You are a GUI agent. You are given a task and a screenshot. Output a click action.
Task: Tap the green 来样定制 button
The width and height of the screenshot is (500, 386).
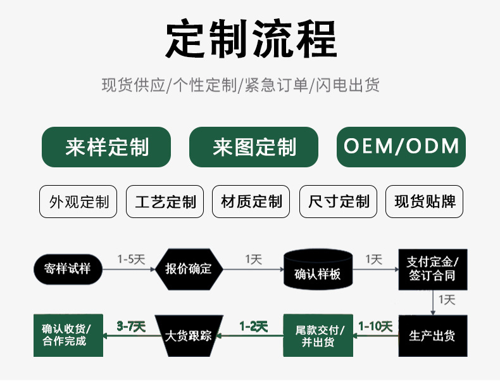point(106,147)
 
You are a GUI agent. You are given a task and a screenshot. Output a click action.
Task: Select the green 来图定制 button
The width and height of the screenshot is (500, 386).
point(254,147)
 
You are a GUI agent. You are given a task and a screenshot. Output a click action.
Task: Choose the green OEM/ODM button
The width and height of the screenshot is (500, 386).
point(401,147)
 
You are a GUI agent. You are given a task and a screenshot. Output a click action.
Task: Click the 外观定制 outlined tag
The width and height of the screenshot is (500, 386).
point(78,202)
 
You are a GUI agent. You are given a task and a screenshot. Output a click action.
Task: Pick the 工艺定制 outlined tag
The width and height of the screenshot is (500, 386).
point(165,202)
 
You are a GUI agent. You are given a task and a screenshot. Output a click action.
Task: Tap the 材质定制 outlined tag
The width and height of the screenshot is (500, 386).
point(251,202)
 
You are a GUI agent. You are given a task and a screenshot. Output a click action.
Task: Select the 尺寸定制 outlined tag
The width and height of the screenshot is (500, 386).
point(338,202)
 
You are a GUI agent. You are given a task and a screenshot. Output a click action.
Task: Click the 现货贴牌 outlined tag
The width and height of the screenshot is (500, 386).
point(425,202)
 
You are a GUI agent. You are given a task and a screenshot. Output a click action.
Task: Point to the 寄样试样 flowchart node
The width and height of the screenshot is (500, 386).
point(68,269)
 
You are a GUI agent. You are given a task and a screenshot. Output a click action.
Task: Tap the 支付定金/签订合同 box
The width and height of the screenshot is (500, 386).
point(432,269)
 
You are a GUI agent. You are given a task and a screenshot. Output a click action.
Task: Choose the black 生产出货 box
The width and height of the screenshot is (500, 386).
point(432,335)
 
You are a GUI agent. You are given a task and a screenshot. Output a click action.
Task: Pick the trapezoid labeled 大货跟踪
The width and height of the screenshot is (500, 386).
point(188,335)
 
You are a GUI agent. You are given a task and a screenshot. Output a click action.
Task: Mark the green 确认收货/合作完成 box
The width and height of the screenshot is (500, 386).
point(68,335)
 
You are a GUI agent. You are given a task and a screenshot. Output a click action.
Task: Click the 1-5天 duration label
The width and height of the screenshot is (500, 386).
point(132,259)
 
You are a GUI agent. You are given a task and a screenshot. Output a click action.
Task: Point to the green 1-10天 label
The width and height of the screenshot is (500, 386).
point(375,326)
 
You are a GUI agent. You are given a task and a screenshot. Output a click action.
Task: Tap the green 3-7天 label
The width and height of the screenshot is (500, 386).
point(131,326)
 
